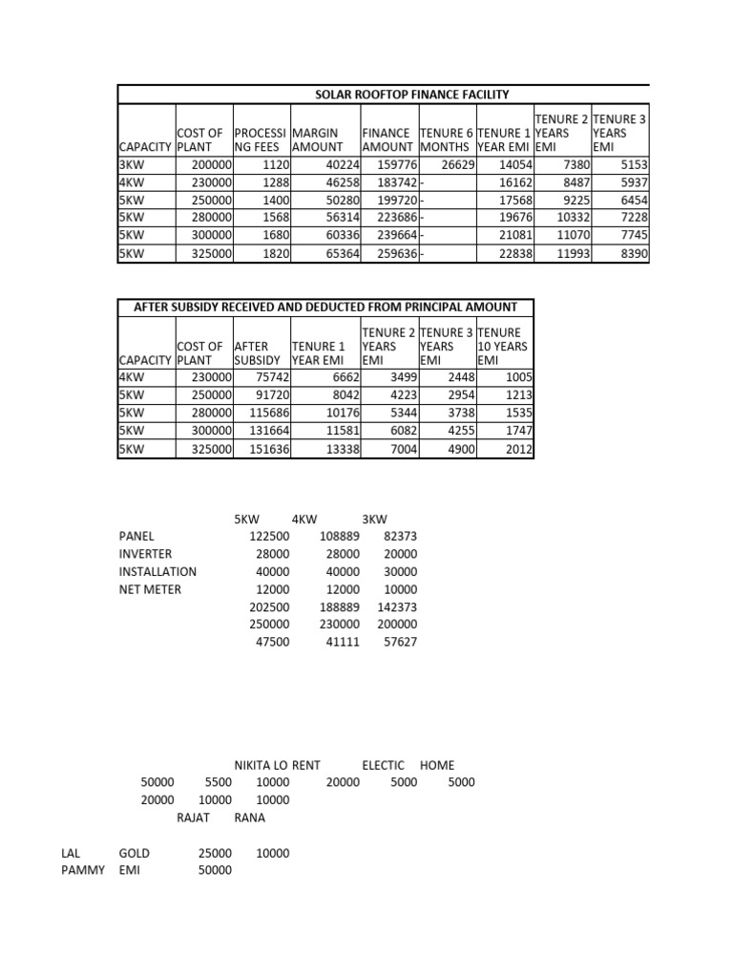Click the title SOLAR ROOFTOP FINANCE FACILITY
click(412, 94)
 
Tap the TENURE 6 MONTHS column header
click(445, 140)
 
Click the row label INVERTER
click(145, 554)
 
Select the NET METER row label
click(150, 589)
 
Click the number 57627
click(399, 643)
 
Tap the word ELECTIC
click(383, 765)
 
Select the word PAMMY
click(82, 870)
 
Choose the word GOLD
click(135, 853)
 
